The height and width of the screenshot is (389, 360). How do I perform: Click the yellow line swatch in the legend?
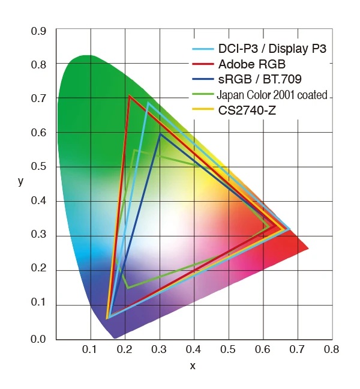click(203, 109)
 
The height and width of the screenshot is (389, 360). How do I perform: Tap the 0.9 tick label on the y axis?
click(40, 29)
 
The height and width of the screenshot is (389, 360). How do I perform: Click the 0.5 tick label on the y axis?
click(40, 167)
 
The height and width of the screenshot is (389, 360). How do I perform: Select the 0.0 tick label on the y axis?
click(40, 340)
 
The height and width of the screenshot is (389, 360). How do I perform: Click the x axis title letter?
click(193, 366)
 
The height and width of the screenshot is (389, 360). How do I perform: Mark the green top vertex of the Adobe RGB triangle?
click(129, 95)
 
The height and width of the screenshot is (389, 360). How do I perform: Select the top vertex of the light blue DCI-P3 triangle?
click(148, 103)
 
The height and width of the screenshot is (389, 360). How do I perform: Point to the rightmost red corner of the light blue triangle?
click(290, 229)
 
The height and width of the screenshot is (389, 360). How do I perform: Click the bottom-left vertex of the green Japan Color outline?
click(127, 288)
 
